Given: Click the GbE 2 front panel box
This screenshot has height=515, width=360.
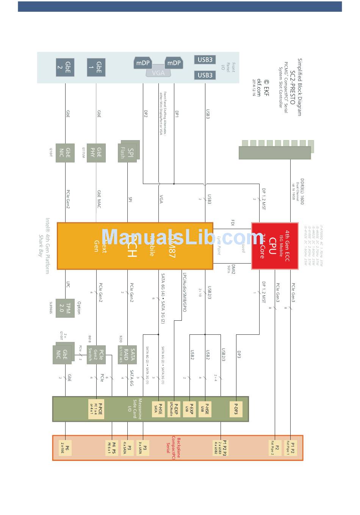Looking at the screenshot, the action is click(x=65, y=67).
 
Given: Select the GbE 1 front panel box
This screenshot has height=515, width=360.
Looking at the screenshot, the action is click(x=96, y=67).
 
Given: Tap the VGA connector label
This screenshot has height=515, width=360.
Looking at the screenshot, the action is click(x=158, y=73).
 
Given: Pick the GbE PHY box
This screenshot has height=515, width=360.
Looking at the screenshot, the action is click(x=96, y=153).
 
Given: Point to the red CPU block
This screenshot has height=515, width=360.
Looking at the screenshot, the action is click(x=274, y=246).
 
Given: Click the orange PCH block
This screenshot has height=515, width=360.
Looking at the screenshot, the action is click(x=135, y=246).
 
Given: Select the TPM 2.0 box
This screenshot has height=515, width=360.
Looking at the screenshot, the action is click(x=65, y=308).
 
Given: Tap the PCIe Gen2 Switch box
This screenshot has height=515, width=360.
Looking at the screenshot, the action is click(x=96, y=354).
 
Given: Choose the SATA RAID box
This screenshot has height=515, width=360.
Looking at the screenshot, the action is click(x=127, y=354).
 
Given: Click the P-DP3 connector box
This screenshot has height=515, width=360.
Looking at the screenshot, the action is click(x=236, y=409).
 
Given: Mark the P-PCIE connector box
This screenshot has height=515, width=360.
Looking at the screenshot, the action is click(x=96, y=409).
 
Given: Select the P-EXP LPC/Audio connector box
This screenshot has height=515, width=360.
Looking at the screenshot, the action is click(x=174, y=409).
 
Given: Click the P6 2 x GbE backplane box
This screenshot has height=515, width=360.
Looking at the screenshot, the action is click(x=65, y=448).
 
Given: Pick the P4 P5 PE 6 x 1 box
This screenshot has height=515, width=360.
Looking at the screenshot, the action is click(x=111, y=448).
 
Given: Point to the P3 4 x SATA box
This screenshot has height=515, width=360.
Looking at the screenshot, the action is click(x=127, y=448).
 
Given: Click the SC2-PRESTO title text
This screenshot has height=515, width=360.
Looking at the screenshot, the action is click(x=292, y=87).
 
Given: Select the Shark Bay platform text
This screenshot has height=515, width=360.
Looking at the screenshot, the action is click(x=40, y=246).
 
